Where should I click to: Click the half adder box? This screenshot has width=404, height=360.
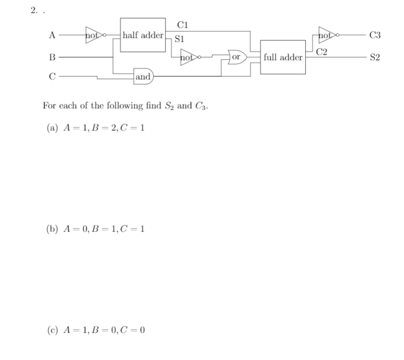pyautogui.click(x=143, y=35)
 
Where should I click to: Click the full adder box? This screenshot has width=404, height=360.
pyautogui.click(x=283, y=57)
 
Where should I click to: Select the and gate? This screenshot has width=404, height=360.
pyautogui.click(x=143, y=77)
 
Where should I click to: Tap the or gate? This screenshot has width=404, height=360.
pyautogui.click(x=237, y=57)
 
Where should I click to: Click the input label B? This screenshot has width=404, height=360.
pyautogui.click(x=52, y=58)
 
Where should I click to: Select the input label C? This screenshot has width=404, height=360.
pyautogui.click(x=52, y=77)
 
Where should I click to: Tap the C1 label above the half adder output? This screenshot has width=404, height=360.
pyautogui.click(x=183, y=25)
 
